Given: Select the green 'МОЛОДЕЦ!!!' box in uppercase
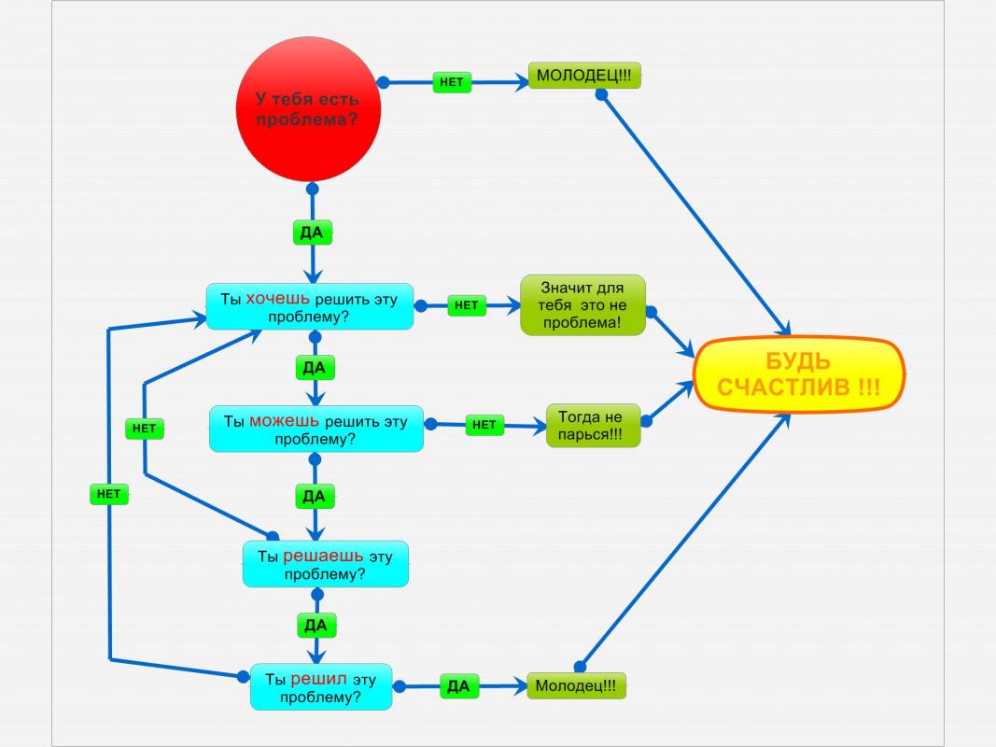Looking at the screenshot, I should [584, 76].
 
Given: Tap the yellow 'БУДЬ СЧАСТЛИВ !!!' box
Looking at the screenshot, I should [799, 374].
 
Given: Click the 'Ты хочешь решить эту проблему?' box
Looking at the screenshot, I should [309, 307].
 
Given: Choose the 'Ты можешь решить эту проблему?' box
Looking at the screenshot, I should [316, 430].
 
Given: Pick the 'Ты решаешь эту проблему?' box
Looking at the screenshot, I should [325, 565].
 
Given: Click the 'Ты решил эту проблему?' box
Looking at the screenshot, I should [320, 687].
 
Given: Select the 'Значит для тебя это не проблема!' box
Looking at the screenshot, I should [583, 305].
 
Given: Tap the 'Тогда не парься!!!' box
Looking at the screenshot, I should [594, 425].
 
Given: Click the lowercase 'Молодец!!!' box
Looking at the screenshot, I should [576, 686].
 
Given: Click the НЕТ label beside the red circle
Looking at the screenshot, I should [451, 82].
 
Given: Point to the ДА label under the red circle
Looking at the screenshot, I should [313, 233].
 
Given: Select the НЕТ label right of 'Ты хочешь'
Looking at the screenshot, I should [467, 305].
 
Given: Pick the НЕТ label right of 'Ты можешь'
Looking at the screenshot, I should [484, 425].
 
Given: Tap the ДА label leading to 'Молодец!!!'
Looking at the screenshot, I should [458, 687].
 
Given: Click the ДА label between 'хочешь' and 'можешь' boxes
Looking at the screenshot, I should [315, 368].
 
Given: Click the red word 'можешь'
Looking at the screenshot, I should [284, 420].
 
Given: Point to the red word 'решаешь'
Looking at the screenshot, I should [323, 556].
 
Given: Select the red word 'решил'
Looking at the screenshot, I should [319, 679].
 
